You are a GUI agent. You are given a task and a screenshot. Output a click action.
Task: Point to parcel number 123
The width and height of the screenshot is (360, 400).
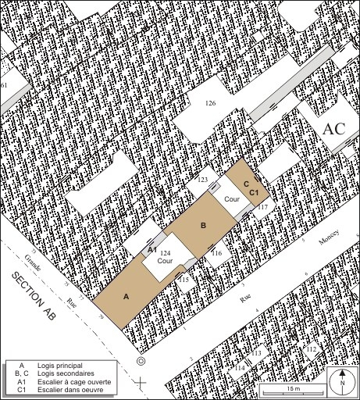coord(202,180)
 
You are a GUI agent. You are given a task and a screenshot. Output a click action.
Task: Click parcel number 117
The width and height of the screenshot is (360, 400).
coord(263,206)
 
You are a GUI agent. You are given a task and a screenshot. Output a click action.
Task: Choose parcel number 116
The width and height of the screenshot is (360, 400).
coord(216,253)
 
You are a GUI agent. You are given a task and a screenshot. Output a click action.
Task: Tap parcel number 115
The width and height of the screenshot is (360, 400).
coord(184,278)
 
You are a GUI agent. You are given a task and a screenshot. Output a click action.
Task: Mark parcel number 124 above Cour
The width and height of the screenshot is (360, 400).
coord(165,254)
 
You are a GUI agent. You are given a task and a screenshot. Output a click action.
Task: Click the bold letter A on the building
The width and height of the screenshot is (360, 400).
coord(125,296)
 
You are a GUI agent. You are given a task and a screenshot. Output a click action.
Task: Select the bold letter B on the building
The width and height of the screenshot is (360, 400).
coord(203,226)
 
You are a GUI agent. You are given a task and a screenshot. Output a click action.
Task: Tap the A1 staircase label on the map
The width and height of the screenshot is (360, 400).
coord(152,248)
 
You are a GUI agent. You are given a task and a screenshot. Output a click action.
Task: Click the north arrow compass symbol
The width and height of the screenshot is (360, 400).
coord(342,382)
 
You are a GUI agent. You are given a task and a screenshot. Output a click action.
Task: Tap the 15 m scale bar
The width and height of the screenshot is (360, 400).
coord(293,388)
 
